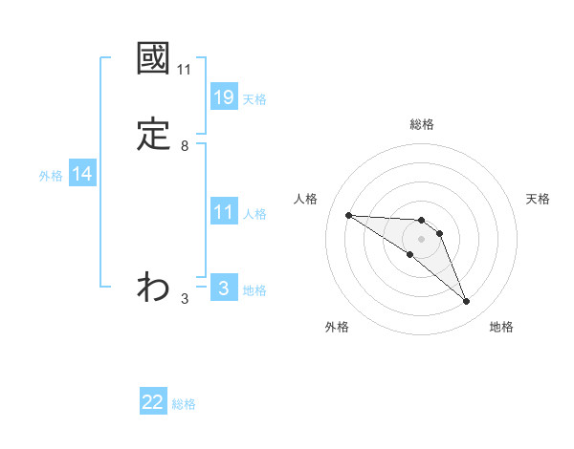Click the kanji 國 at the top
[153, 60]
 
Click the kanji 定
[153, 135]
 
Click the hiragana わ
[153, 286]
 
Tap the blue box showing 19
[223, 96]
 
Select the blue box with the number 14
[82, 174]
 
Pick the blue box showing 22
[153, 402]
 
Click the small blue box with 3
[223, 288]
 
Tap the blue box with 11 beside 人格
[223, 212]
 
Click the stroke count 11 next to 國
[184, 70]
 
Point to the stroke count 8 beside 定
[184, 145]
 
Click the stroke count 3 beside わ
[184, 298]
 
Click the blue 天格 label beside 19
[254, 98]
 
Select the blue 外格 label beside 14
[51, 176]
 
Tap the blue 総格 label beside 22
[184, 404]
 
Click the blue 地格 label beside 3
[254, 289]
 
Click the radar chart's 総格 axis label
[421, 124]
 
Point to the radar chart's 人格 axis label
[306, 199]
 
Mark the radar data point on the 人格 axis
[348, 215]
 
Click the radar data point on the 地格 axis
[466, 301]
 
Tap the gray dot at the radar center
[421, 238]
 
